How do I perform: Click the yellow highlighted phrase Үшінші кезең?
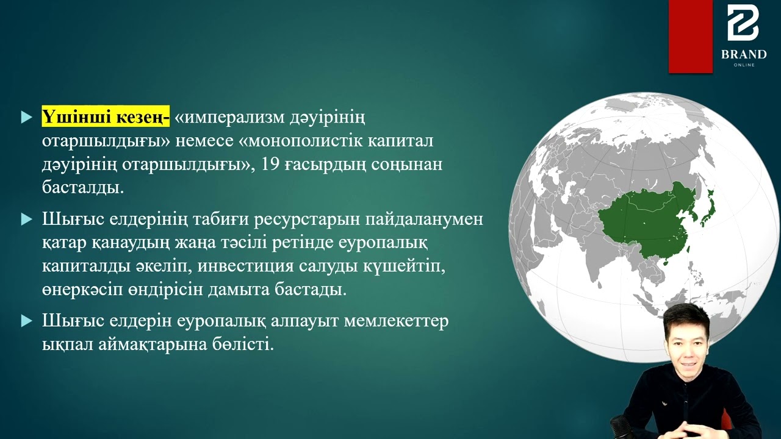point(106,116)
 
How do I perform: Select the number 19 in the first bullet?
point(270,164)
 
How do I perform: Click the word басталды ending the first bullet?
point(82,187)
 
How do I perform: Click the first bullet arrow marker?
point(26,117)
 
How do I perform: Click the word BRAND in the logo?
point(744,54)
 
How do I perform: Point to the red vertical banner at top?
point(690,37)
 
